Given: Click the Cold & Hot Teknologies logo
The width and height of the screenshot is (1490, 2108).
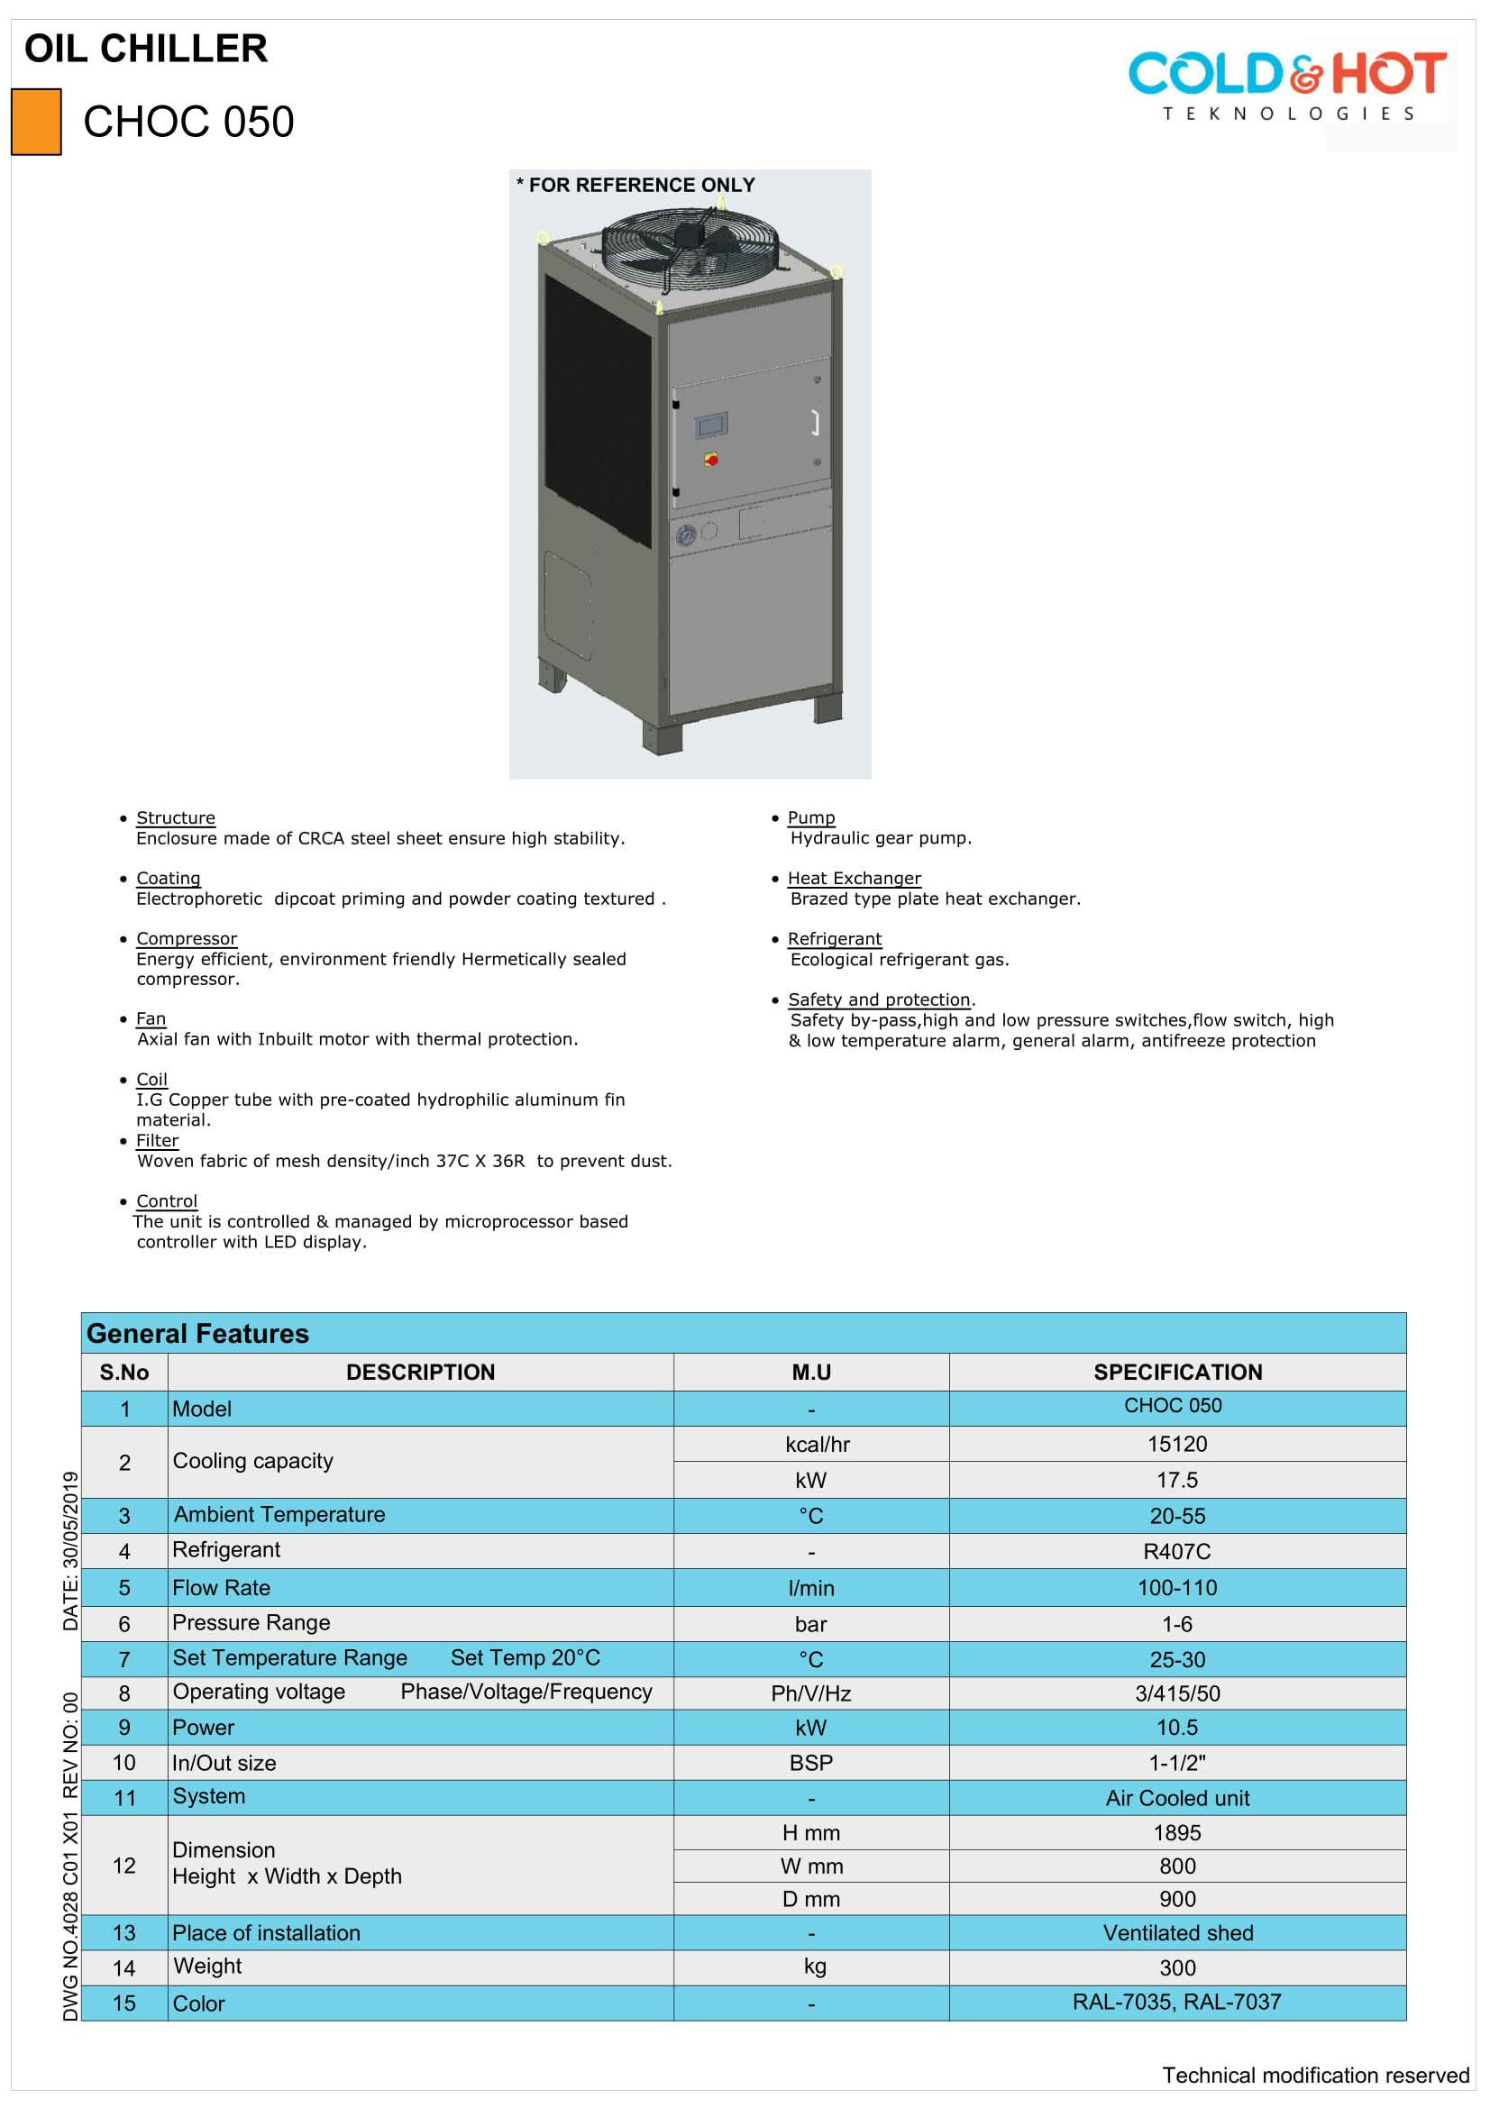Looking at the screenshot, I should point(1286,86).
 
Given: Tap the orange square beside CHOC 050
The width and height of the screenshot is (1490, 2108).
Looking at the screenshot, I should point(36,121).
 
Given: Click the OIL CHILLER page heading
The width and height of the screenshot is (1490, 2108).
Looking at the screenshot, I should point(146,49).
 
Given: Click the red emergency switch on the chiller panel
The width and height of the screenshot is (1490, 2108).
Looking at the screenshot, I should point(710,458).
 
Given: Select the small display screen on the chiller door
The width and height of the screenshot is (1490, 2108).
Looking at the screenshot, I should point(710,426).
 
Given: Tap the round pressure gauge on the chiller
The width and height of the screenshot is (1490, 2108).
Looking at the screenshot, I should point(685,534).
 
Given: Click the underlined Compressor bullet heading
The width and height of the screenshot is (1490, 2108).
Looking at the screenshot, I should point(187,938).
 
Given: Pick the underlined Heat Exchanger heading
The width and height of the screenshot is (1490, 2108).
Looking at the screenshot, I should point(854,878).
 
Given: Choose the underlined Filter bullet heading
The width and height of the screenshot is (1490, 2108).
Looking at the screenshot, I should point(157,1140).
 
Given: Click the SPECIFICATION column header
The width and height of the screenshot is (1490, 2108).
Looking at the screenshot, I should point(1177,1372).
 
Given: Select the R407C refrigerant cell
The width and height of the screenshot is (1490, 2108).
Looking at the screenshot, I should point(1177,1552).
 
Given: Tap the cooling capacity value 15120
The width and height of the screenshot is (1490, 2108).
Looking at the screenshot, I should point(1177,1444).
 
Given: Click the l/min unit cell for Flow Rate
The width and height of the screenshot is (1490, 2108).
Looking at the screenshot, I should point(810,1588).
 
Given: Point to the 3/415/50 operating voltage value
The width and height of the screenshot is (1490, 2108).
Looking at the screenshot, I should point(1177,1694).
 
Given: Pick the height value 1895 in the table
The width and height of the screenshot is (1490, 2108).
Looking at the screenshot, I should point(1177,1833).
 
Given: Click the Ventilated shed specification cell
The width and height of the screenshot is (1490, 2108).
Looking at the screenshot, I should point(1177,1933).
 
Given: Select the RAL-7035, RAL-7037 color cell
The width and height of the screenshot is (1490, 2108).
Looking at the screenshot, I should point(1177,2003).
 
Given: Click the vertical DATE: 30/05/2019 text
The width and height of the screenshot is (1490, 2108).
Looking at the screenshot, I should point(70,1551).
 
